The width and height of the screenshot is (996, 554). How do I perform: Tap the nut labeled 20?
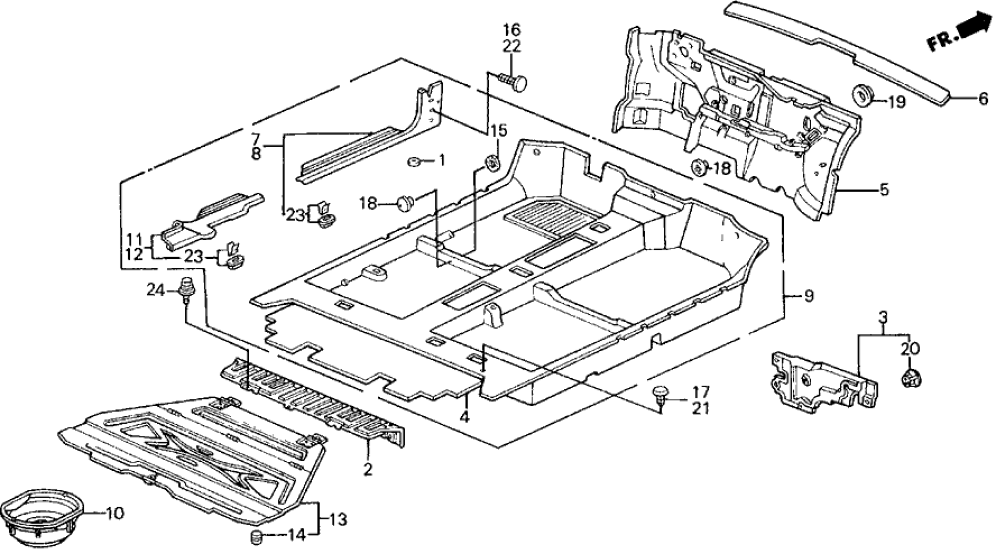[x=910, y=378]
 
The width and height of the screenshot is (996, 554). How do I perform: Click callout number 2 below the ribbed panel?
[x=367, y=469]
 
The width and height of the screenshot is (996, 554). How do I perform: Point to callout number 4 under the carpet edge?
[x=465, y=417]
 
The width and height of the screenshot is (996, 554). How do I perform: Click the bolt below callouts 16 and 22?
[x=514, y=81]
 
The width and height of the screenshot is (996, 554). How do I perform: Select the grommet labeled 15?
[x=492, y=162]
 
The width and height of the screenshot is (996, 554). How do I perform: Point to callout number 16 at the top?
[x=512, y=29]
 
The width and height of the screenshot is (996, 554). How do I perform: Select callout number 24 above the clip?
[x=154, y=291]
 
